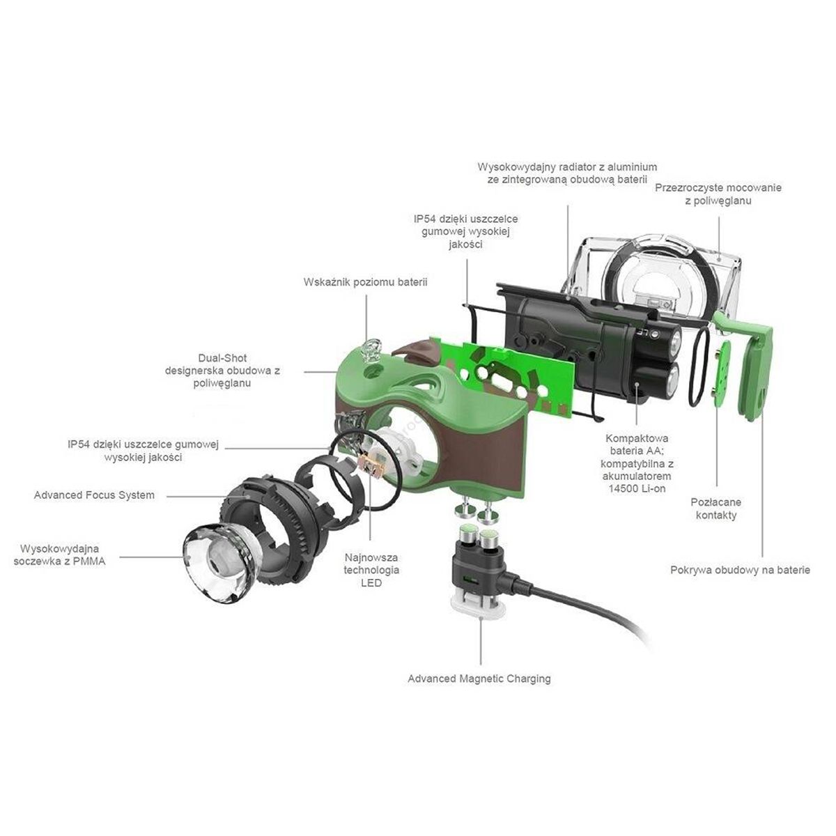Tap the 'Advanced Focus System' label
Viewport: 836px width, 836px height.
(x=94, y=495)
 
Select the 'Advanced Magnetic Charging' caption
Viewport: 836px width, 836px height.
(x=479, y=679)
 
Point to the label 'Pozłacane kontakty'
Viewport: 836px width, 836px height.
(x=715, y=509)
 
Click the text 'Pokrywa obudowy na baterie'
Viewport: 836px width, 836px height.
(x=740, y=570)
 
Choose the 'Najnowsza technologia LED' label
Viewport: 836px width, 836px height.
(x=371, y=570)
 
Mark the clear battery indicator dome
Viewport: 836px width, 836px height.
(x=371, y=348)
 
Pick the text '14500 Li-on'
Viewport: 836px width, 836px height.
(x=636, y=488)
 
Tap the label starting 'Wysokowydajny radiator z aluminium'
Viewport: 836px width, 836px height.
(x=567, y=173)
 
